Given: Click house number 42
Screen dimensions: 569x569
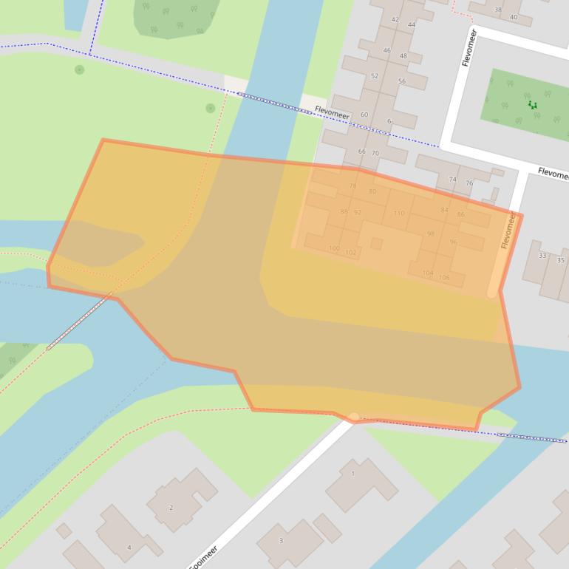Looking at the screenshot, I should point(395,20).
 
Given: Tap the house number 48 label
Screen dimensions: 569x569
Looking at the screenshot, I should point(403,56).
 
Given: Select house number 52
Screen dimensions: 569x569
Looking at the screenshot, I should point(375,76).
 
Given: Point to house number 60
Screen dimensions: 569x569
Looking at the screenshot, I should point(364,115).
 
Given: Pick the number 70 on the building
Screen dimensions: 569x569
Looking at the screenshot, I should point(375,154).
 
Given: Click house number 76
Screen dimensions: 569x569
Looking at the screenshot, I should point(469,183).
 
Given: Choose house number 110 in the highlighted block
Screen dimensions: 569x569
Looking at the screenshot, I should point(399,214).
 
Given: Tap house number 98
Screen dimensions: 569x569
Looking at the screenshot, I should point(431,234).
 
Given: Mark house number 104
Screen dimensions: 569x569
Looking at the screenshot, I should point(428,273).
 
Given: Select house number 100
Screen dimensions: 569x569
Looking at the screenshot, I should point(334,249).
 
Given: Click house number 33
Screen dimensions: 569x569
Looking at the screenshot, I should point(542,256).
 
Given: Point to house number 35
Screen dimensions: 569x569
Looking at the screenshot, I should point(561,260).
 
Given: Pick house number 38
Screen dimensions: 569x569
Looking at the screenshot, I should point(498,10).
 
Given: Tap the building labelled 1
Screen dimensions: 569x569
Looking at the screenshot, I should point(353,474).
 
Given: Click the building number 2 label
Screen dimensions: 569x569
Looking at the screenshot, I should point(171,508).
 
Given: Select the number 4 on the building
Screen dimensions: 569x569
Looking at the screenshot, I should point(129,548).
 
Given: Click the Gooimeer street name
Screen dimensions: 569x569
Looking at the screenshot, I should point(203,559).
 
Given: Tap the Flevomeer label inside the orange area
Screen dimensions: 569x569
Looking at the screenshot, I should point(508,230).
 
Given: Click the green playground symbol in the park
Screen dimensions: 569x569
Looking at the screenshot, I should point(532,105).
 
